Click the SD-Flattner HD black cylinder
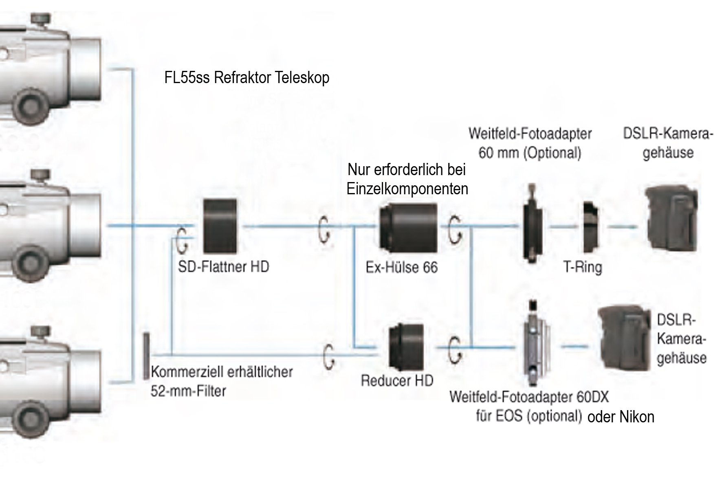click(220, 226)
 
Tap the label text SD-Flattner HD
click(223, 267)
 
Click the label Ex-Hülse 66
click(401, 268)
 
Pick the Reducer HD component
click(406, 346)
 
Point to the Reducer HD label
click(397, 381)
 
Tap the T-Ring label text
click(583, 268)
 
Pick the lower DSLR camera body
click(625, 338)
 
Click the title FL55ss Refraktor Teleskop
click(247, 77)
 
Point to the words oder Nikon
click(621, 417)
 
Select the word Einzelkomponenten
click(407, 189)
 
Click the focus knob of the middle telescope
click(31, 261)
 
